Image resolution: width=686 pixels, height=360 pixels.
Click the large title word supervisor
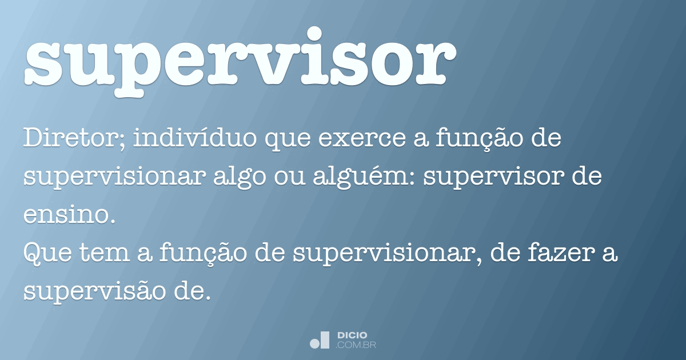[241, 61]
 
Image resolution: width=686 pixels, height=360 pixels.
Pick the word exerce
[362, 139]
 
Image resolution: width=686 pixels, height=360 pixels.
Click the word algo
[240, 178]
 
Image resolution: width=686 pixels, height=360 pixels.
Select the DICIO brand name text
[352, 335]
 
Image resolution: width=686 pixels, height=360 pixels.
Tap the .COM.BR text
[355, 346]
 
